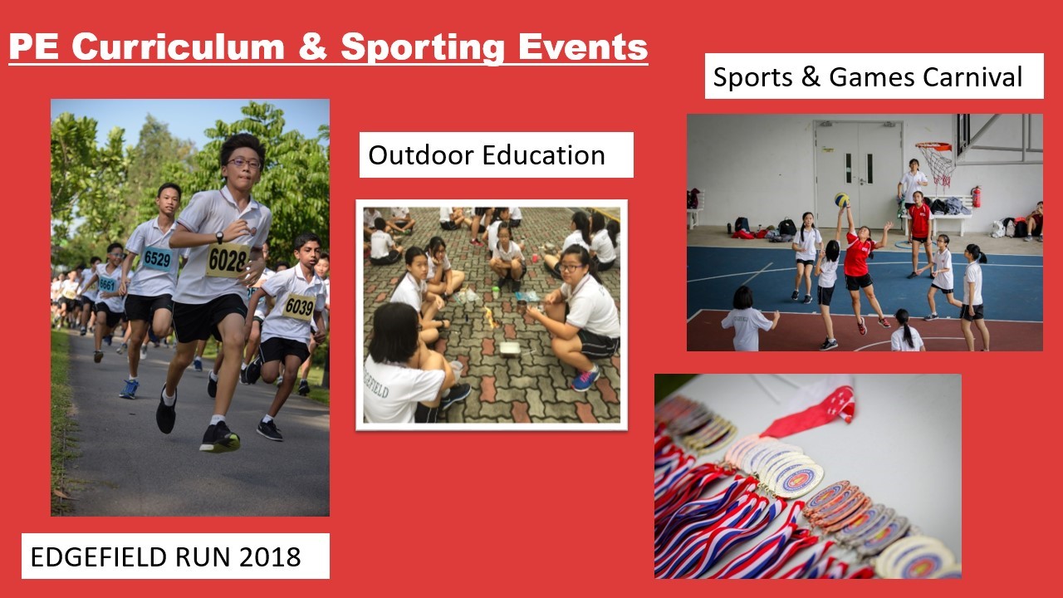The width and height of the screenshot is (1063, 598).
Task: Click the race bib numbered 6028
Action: pos(228,260)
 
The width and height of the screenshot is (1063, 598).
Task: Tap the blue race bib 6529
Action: pos(157,258)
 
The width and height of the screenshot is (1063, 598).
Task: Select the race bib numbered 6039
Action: pos(299,307)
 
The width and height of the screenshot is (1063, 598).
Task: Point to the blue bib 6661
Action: pos(107,284)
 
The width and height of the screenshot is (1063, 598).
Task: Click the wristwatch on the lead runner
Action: pos(219,237)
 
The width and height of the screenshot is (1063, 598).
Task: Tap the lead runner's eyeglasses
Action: pos(244,164)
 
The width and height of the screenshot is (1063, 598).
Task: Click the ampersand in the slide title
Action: pos(312,47)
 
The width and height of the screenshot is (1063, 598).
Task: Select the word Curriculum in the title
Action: pos(178,47)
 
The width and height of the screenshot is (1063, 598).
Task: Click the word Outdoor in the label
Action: pos(419,155)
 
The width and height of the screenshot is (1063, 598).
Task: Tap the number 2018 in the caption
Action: pos(270,556)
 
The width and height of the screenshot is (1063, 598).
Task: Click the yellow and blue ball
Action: pos(842,199)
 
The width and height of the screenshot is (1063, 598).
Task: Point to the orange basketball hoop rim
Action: pos(933,147)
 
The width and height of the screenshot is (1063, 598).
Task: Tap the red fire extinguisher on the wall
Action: pos(976,197)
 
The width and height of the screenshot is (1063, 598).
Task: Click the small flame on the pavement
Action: pos(491,317)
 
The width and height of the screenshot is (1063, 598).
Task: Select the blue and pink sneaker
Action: pos(585,378)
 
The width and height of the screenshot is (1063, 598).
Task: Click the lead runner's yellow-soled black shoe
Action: pos(219,438)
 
